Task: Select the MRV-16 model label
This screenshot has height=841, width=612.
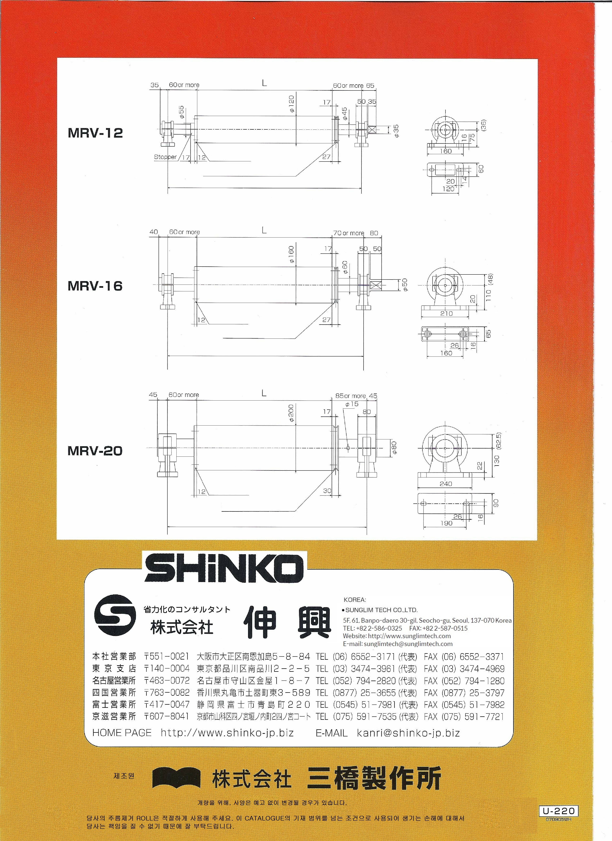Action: pyautogui.click(x=95, y=286)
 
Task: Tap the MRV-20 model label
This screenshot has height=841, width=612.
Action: pyautogui.click(x=95, y=451)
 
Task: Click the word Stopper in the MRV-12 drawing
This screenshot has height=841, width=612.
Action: pyautogui.click(x=165, y=157)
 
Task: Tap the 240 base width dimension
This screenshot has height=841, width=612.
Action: pyautogui.click(x=446, y=483)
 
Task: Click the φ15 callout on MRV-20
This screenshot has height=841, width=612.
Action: pyautogui.click(x=352, y=404)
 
